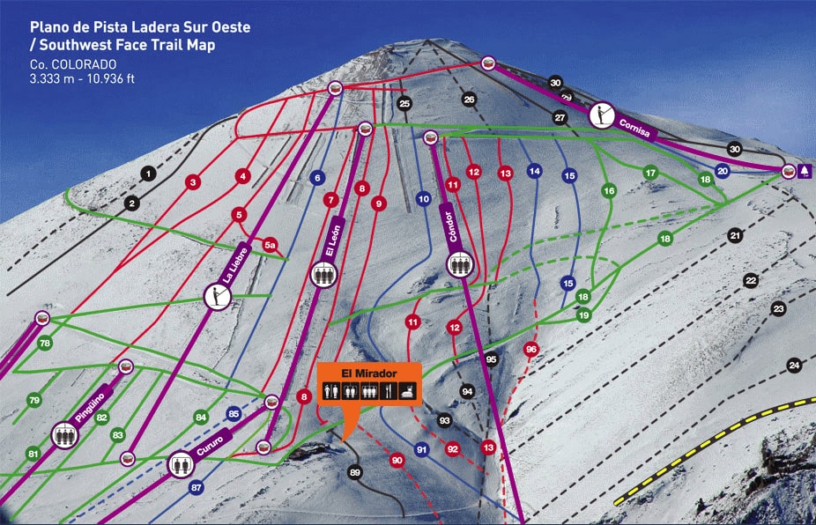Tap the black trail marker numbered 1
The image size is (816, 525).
click(x=148, y=174)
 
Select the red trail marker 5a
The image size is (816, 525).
click(x=271, y=245)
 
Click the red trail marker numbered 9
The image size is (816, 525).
click(x=379, y=203)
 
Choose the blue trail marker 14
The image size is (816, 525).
click(x=534, y=171)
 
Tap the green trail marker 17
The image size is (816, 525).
click(x=650, y=173)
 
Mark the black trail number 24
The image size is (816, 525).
click(x=794, y=365)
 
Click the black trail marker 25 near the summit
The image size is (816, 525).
click(x=404, y=104)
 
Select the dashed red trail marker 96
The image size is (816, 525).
click(x=530, y=349)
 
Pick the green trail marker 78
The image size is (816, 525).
click(x=45, y=343)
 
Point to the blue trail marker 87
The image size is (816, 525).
click(x=196, y=487)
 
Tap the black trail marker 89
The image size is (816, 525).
click(x=355, y=473)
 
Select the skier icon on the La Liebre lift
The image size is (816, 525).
click(x=216, y=297)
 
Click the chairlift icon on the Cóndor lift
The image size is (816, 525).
click(x=456, y=264)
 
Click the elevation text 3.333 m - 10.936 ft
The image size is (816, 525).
click(x=83, y=78)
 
